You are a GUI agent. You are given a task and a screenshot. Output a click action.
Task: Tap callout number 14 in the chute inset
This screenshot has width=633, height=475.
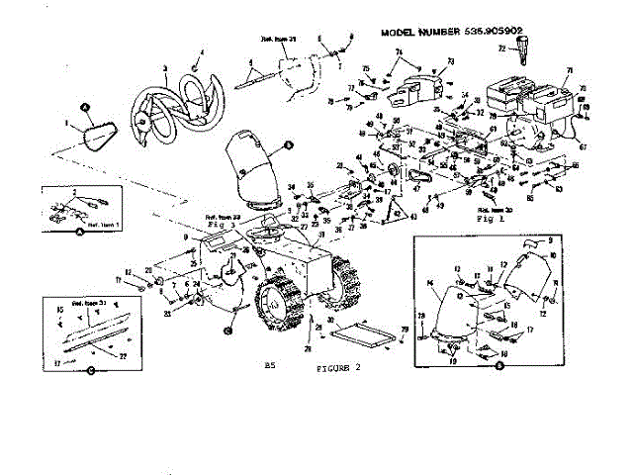click(x=430, y=283)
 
